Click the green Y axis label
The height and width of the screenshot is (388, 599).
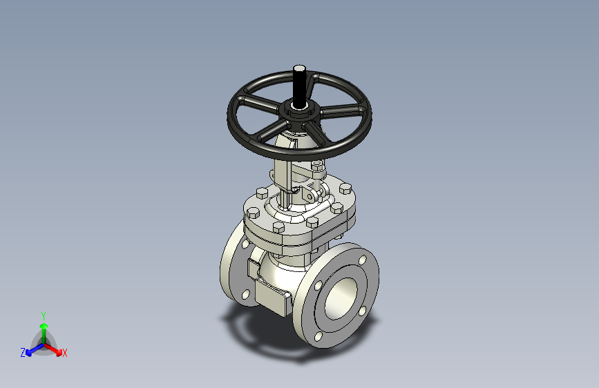44,316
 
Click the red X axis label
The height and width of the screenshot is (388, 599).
64,353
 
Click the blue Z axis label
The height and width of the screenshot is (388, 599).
23,353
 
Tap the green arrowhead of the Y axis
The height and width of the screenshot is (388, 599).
44,326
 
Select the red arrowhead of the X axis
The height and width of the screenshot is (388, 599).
59,351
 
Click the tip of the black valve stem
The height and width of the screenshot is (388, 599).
300,68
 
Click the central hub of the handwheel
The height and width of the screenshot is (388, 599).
299,110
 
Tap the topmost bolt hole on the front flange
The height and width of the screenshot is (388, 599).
363,260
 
